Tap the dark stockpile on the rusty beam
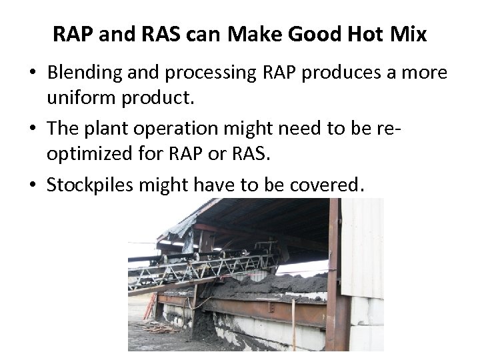point(267,287)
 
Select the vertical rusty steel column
point(331,280)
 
